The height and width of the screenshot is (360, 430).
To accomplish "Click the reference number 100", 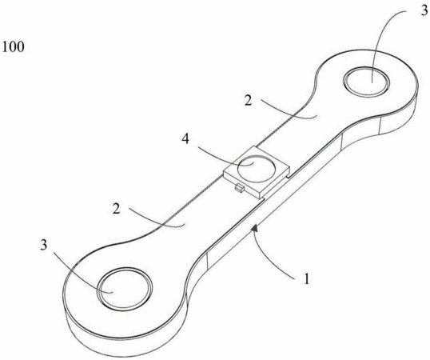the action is click(x=13, y=46).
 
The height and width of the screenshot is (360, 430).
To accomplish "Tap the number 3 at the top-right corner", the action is click(x=424, y=10).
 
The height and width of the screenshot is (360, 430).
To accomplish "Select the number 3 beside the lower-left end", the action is click(x=44, y=245).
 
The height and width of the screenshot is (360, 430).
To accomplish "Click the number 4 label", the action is click(x=185, y=139).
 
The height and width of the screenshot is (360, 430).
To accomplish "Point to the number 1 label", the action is click(x=307, y=278).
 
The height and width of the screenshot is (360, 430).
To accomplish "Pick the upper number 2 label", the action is click(x=249, y=101).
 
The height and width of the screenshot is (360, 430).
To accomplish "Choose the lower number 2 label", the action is click(x=117, y=209).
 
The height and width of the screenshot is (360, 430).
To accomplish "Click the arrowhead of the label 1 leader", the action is click(x=255, y=228).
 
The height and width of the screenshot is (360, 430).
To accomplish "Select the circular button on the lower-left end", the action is click(x=125, y=289).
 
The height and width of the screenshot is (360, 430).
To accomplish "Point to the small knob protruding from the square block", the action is click(x=240, y=189).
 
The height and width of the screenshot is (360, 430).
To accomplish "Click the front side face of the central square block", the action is click(x=241, y=186).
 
